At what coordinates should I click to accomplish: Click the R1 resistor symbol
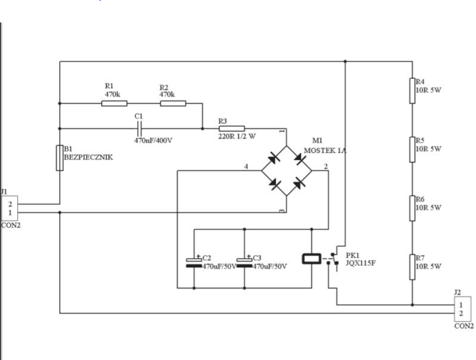point(114,103)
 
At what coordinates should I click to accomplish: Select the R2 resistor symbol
point(173,103)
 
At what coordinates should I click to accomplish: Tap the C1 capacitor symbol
point(140,129)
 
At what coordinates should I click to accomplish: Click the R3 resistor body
point(232,129)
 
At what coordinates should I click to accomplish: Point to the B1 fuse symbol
point(60,158)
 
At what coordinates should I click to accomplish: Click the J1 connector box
point(10,208)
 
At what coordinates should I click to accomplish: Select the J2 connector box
point(463,309)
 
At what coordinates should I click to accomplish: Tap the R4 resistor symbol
point(412,91)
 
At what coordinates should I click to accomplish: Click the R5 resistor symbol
point(412,150)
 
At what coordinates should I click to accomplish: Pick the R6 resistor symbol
point(412,208)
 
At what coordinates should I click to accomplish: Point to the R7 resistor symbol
point(412,267)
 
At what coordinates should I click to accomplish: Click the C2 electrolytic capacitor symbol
point(194,262)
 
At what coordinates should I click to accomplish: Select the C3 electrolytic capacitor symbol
point(244,262)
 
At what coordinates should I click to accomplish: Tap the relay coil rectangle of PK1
point(312,259)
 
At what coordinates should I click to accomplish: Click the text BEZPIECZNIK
point(88,157)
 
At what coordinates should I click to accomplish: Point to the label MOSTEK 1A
point(325,151)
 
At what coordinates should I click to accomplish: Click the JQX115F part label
point(361,263)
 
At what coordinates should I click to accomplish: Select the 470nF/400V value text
point(153,141)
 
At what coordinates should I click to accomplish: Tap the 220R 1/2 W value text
point(237,136)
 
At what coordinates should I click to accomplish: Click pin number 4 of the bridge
point(246,166)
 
